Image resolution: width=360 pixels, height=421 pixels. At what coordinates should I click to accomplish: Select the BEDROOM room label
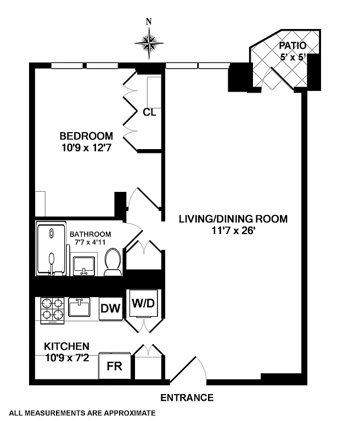tap(86, 136)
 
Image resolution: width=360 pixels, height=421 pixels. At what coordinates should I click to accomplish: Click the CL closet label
tap(149, 112)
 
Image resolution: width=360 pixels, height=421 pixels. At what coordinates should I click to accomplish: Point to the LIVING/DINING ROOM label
tap(233, 219)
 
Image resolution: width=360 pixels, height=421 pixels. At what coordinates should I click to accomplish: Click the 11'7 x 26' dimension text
tap(233, 231)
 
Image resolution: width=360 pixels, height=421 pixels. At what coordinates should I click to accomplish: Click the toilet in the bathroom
tap(113, 263)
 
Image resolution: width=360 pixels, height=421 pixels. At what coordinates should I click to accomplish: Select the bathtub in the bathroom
tap(50, 249)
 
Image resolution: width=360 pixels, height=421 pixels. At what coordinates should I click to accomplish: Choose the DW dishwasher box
tap(110, 309)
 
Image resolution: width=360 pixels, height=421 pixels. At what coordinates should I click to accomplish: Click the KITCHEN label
tap(66, 346)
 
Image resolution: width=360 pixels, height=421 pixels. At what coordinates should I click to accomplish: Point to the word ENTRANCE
tap(187, 398)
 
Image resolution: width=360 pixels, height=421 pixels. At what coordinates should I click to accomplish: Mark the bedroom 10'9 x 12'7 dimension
tap(86, 147)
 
